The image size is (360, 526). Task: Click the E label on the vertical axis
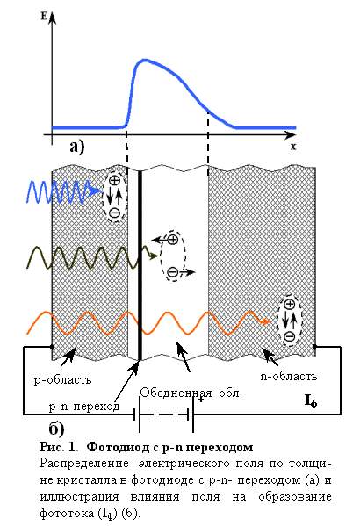point(44,16)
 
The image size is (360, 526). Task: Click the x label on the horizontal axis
point(293,147)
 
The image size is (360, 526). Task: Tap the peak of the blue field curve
point(144,60)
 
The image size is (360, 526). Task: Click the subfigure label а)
point(77,147)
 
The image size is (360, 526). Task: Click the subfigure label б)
point(57,429)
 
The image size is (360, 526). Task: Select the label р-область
point(62,380)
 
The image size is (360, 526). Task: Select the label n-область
point(289,376)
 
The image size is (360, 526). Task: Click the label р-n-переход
point(84,407)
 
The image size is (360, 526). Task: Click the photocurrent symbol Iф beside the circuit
point(310,401)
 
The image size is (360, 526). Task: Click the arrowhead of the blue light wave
point(97,191)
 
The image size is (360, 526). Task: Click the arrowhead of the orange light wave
point(266,321)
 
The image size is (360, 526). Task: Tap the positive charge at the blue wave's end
point(115,181)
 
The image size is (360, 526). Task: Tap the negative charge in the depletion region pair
point(173,272)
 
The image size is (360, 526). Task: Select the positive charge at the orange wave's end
point(290,304)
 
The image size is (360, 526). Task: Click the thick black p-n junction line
point(140,265)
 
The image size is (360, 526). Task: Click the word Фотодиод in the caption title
point(119,447)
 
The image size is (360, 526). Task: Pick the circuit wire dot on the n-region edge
point(314,346)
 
